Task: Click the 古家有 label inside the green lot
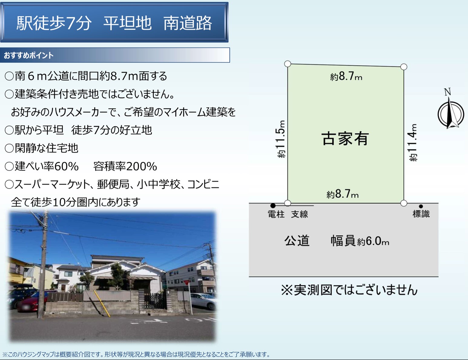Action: [x=345, y=139]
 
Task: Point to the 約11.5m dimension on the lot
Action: [x=281, y=139]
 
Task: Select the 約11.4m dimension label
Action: [x=413, y=142]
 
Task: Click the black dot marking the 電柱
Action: [x=273, y=205]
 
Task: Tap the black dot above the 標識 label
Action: [x=421, y=206]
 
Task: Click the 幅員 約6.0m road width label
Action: [x=360, y=241]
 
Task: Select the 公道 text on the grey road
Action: [x=297, y=241]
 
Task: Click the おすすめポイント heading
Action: [x=29, y=55]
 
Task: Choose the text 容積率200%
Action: [x=125, y=166]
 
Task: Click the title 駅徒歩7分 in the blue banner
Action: [x=54, y=23]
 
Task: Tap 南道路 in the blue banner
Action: [x=188, y=23]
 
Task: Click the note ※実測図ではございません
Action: [x=349, y=290]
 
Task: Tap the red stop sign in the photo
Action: [x=186, y=282]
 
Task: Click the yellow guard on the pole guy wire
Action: [x=102, y=303]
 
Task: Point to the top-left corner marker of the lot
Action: [x=288, y=64]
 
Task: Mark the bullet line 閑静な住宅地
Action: [x=41, y=148]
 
